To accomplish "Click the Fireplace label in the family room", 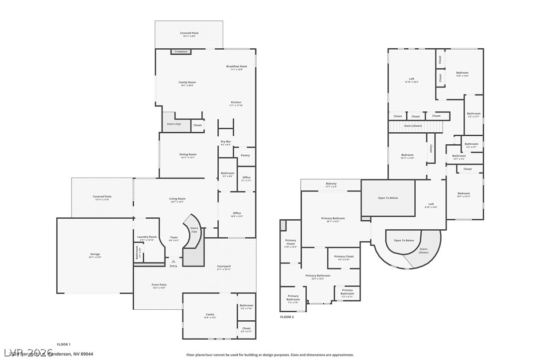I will (181, 52).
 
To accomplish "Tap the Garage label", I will (94, 254).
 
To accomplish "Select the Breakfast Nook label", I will (236, 67).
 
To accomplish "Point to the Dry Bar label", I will (226, 142).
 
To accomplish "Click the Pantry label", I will (245, 156).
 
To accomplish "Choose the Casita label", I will (210, 314).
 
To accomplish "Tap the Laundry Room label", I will (147, 237).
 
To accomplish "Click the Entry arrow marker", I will (173, 261).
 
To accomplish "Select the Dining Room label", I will (188, 155).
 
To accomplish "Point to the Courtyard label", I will (224, 267).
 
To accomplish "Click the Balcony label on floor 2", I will (331, 184).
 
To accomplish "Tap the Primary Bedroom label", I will (333, 218).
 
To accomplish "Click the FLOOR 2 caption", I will (287, 317).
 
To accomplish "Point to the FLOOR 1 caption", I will (64, 344).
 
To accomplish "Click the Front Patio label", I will (159, 285).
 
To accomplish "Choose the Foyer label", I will (174, 237).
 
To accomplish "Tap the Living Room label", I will (177, 199).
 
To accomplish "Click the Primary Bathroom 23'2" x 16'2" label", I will (318, 276).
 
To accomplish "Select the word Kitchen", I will (236, 102).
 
